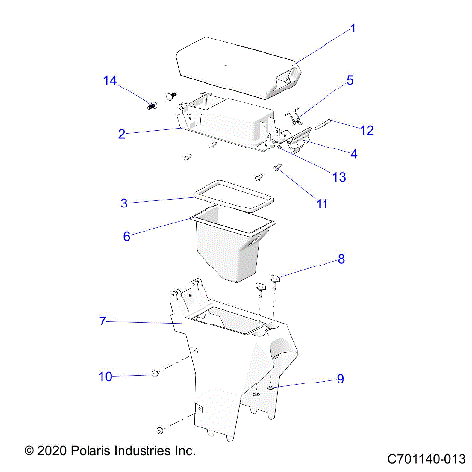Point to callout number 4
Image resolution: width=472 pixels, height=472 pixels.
(x=354, y=153)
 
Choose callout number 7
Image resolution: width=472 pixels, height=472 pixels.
(x=104, y=321)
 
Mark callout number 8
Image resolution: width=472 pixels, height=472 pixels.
(x=341, y=260)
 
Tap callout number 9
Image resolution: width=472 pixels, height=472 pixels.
(x=340, y=378)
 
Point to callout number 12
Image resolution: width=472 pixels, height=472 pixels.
(x=367, y=130)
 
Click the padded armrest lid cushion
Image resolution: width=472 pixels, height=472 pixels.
(x=236, y=64)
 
